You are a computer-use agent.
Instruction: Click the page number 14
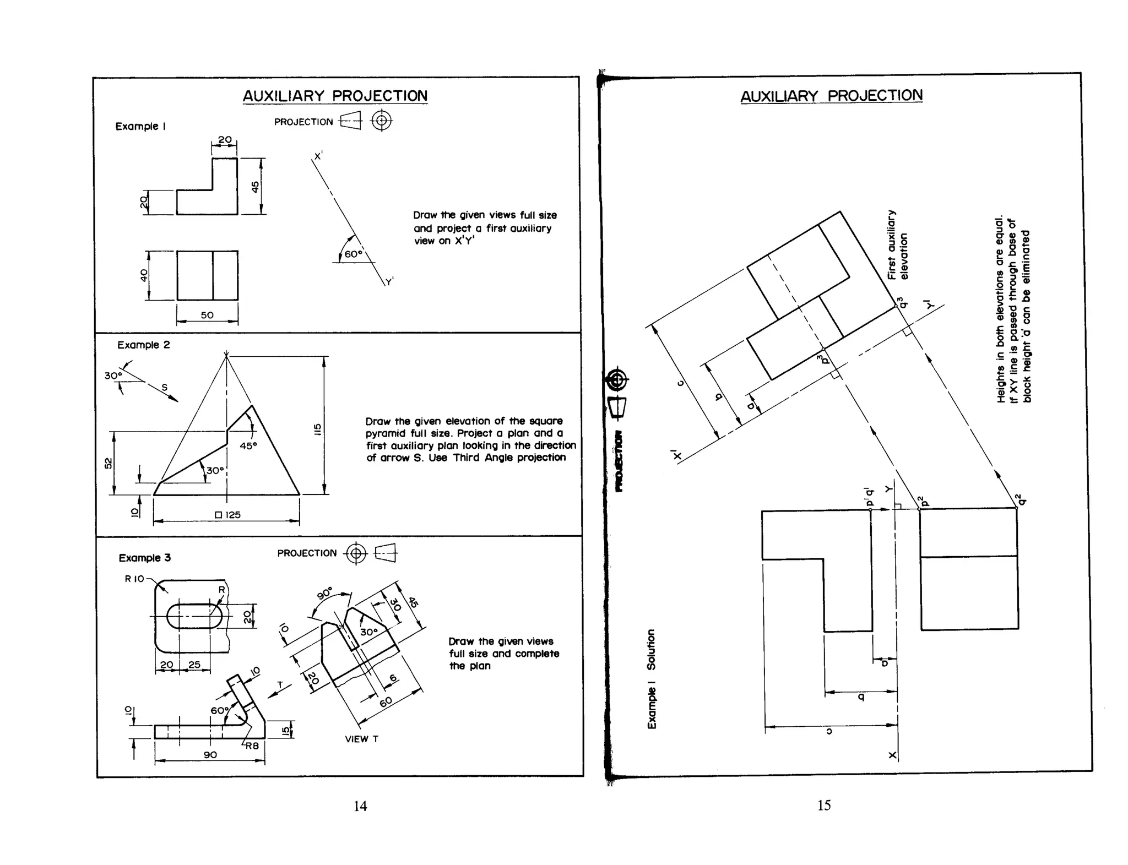click(360, 806)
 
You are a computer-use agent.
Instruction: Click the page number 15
click(824, 806)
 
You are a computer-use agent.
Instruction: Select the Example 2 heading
click(143, 345)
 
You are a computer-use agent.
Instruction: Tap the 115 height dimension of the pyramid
click(317, 429)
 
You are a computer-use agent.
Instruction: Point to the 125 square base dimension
click(228, 515)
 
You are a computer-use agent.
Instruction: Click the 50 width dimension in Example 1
click(207, 315)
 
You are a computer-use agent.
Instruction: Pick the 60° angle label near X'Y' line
click(352, 254)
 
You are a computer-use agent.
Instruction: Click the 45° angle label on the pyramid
click(248, 445)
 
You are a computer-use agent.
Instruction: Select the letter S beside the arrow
click(164, 388)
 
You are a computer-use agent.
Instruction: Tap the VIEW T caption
click(361, 739)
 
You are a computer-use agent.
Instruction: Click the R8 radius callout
click(252, 746)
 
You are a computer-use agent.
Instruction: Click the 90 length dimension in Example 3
click(210, 755)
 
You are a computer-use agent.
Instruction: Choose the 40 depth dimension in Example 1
click(144, 275)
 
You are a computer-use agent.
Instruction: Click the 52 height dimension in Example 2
click(109, 464)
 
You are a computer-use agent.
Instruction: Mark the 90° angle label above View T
click(325, 594)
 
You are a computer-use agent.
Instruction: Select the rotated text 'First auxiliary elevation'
click(897, 245)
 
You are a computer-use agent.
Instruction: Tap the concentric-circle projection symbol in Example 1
click(382, 121)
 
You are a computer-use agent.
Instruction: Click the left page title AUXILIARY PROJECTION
click(335, 96)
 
